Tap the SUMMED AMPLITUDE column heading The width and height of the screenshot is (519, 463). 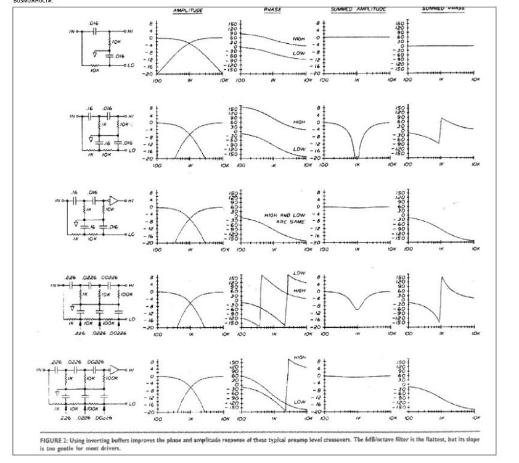coord(358,10)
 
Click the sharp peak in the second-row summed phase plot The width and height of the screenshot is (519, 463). coord(441,118)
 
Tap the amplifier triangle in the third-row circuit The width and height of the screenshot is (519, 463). coord(113,199)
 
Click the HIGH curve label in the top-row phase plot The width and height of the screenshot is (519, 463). coord(299,40)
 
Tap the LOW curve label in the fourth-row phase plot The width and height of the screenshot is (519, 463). coord(300,272)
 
